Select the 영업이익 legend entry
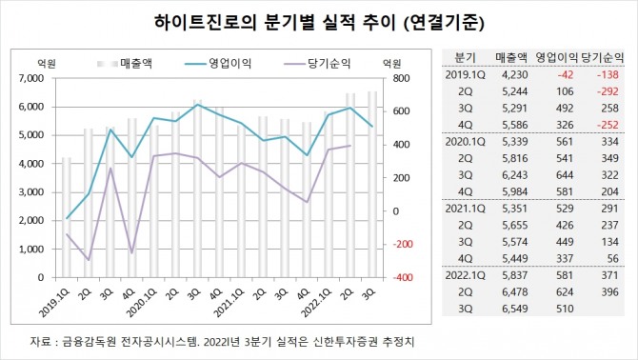(x=213, y=64)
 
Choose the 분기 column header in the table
(x=466, y=57)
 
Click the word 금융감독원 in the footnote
(x=88, y=340)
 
